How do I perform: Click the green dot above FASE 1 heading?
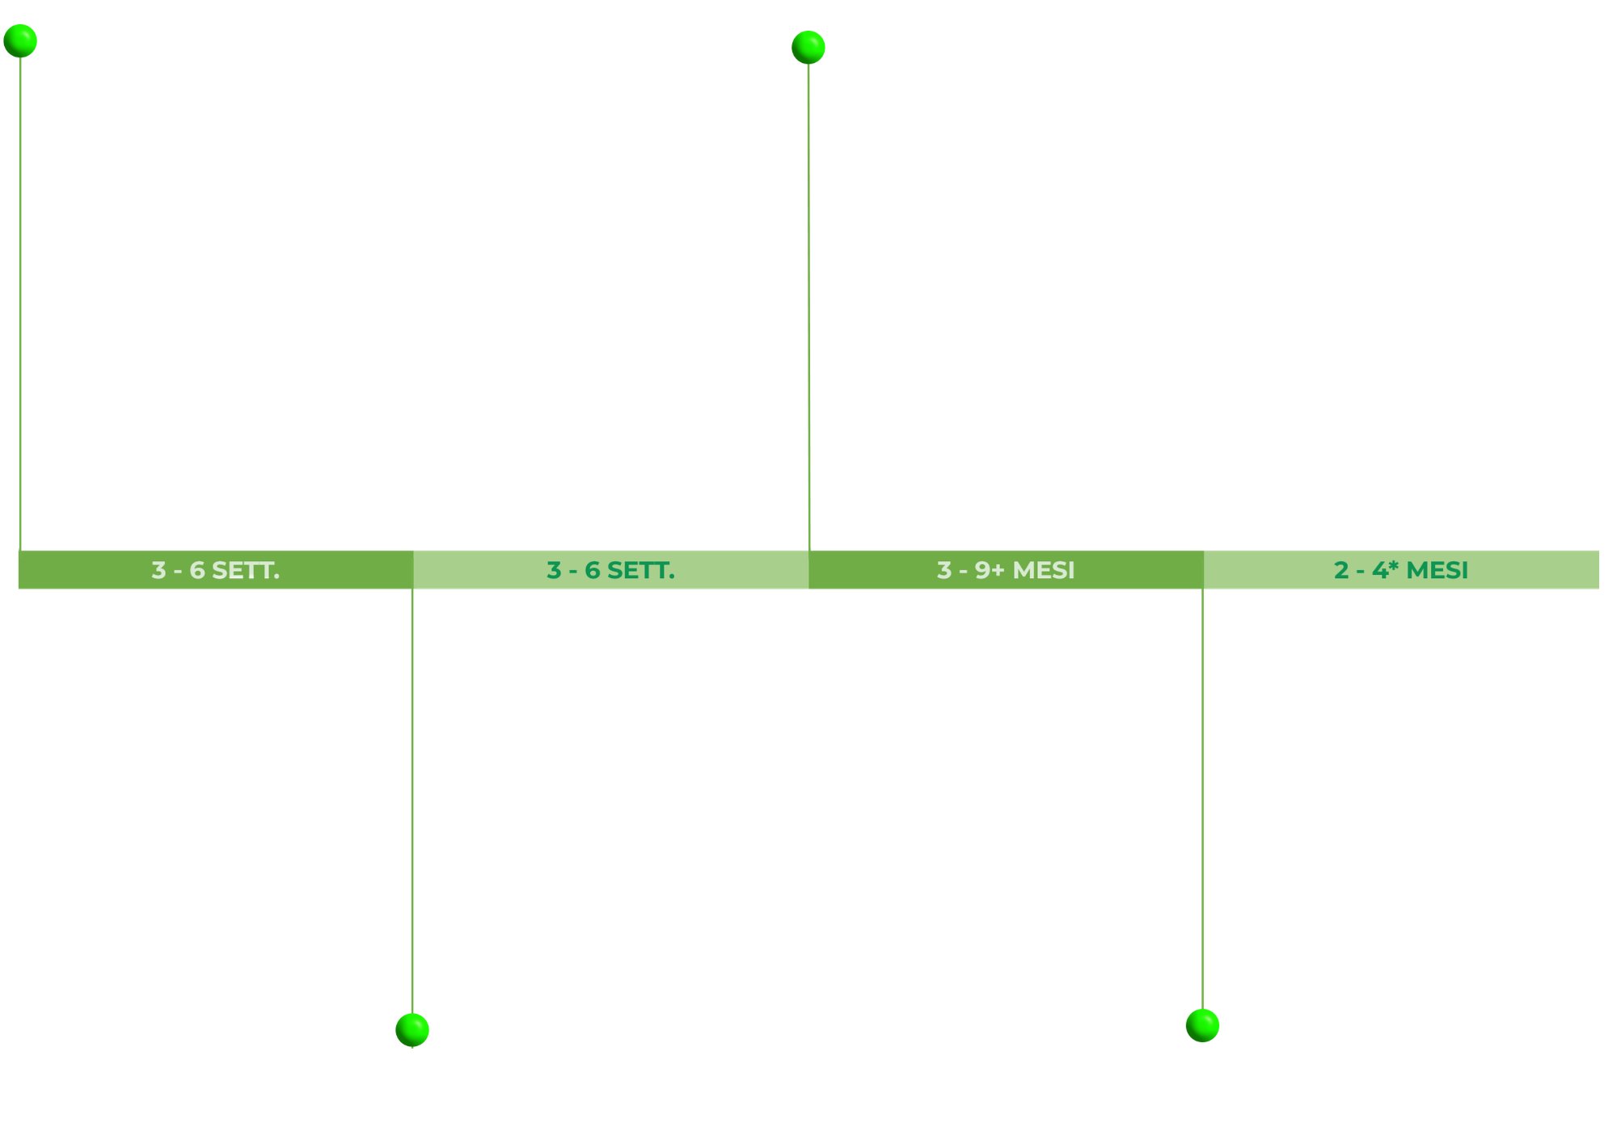pos(20,40)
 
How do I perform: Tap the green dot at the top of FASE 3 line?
pos(808,47)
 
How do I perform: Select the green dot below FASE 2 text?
pos(412,1029)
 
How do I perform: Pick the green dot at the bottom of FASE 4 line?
pos(1202,1025)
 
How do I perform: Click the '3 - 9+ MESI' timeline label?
pos(1006,570)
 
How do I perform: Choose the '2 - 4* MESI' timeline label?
pos(1400,570)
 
